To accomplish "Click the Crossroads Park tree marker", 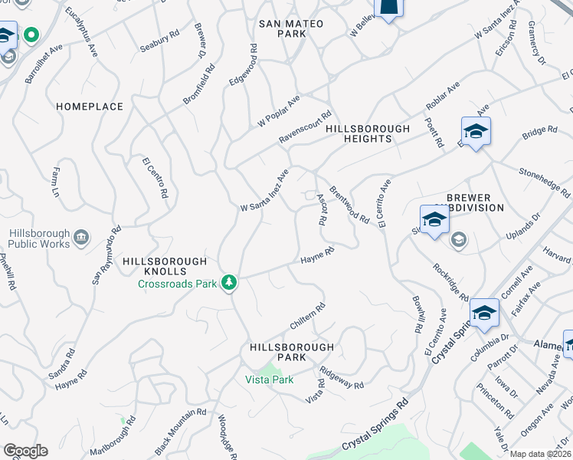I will pyautogui.click(x=228, y=284).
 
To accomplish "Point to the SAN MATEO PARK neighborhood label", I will pyautogui.click(x=290, y=29).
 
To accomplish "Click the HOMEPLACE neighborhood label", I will pyautogui.click(x=90, y=107).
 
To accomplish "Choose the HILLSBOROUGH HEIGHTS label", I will pyautogui.click(x=368, y=134).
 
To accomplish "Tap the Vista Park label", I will pyautogui.click(x=270, y=379).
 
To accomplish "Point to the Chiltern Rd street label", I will pyautogui.click(x=308, y=317).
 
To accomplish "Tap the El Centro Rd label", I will pyautogui.click(x=154, y=178).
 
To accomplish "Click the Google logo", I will pyautogui.click(x=25, y=451).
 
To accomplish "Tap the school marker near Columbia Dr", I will pyautogui.click(x=484, y=313).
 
